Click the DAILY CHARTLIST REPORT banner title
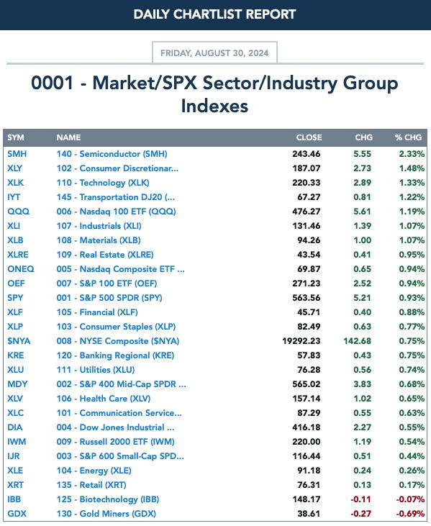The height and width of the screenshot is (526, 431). coord(214,14)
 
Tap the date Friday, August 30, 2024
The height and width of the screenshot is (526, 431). coord(214,53)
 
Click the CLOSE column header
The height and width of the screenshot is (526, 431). coord(309,137)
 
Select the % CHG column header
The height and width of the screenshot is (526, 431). coord(408,137)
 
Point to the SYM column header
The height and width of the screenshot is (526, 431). coord(16,137)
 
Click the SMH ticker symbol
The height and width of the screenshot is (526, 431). coord(17,154)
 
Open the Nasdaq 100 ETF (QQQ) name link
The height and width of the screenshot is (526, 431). coord(116,212)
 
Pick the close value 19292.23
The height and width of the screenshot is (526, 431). coord(301,341)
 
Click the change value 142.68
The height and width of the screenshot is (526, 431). coord(357,341)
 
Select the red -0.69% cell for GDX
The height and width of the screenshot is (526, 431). coord(410,514)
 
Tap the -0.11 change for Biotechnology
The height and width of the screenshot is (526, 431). coord(361,499)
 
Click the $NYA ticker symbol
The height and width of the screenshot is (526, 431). coord(19,341)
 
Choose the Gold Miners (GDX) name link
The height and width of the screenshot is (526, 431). coord(106,514)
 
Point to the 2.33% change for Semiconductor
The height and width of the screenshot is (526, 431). coord(412,154)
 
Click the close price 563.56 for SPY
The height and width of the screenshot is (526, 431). coord(307,298)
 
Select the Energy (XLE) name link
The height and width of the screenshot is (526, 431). coord(94,471)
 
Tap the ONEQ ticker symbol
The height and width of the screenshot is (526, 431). coord(21,269)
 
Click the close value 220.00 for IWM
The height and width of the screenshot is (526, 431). coord(307,442)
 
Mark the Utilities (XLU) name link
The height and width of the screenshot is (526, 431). coord(96,370)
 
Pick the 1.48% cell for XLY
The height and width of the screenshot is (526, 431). coord(412,168)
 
